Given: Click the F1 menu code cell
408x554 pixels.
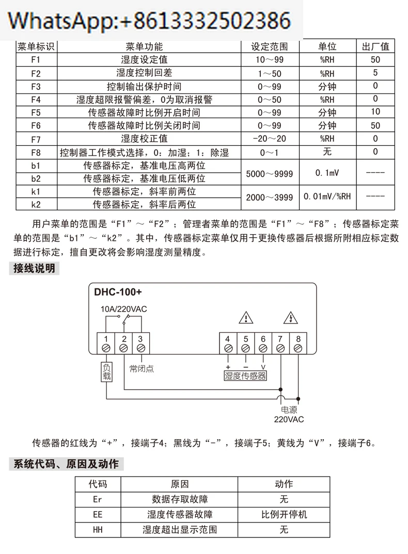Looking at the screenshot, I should point(36,59).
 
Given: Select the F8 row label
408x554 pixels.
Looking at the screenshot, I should point(36,152).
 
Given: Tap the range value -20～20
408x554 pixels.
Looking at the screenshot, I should point(270,138).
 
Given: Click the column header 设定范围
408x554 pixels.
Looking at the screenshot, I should point(270,47).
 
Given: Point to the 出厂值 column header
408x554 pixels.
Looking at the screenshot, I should point(375,47).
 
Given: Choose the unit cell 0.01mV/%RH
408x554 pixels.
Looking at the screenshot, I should point(327,197).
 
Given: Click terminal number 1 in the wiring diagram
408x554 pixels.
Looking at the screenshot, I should point(106,339).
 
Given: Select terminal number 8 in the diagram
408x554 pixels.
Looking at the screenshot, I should point(298,339).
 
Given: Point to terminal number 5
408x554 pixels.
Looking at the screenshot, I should point(245,339).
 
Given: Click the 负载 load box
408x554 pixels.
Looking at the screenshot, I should point(106,372).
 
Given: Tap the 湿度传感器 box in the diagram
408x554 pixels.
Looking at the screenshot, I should point(245,376).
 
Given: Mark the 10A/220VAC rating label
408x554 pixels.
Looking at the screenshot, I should point(124,309).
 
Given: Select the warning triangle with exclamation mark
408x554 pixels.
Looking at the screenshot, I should point(245,317).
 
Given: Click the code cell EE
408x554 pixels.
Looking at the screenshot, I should point(98,514).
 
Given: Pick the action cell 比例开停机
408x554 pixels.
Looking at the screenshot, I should point(284,514).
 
